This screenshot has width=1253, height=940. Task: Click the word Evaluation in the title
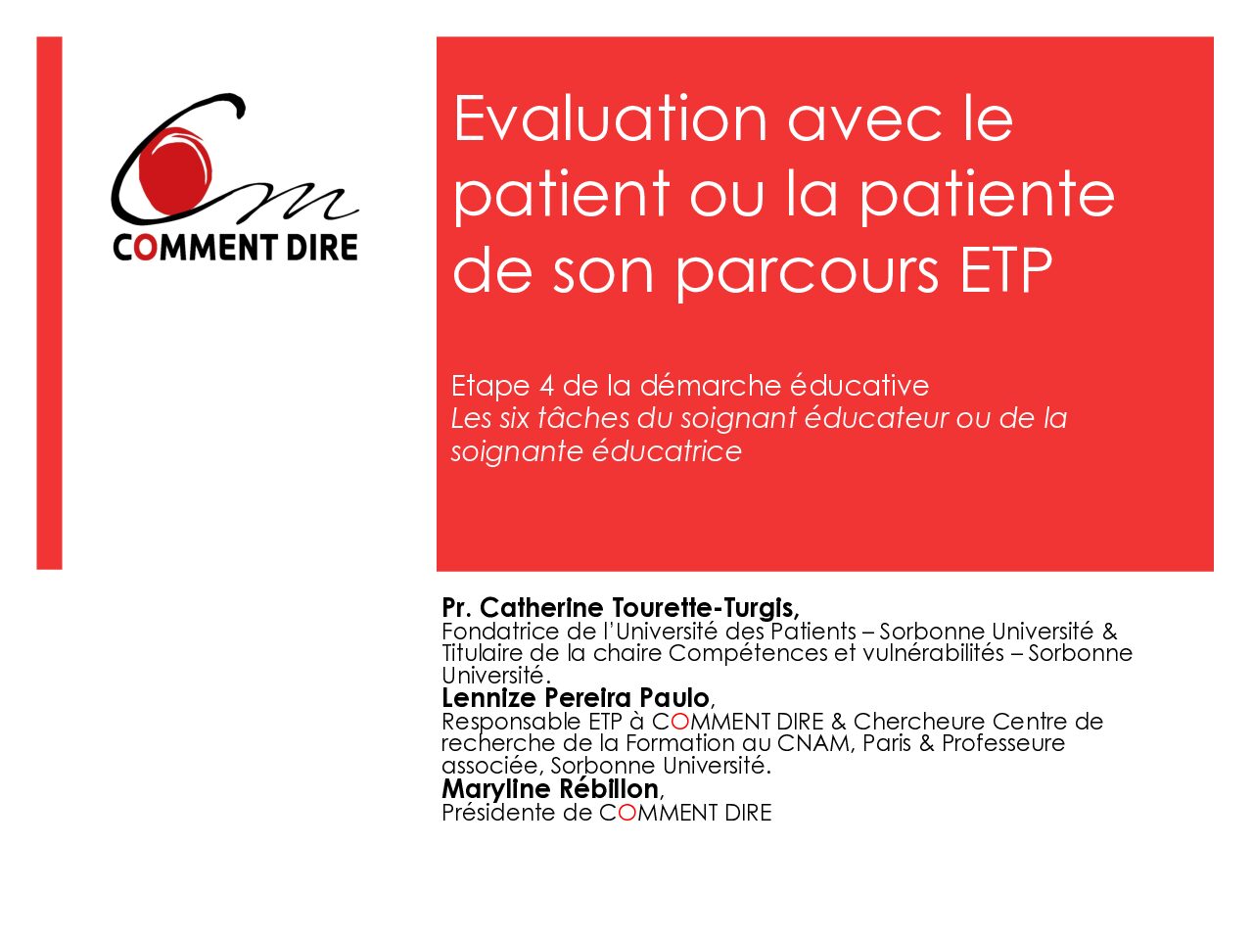[x=610, y=118]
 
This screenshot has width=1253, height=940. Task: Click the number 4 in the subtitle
[x=546, y=387]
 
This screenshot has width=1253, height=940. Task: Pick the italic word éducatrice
[x=667, y=451]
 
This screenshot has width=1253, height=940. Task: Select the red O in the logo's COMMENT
[x=143, y=249]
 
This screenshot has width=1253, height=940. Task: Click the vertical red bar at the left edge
[x=49, y=304]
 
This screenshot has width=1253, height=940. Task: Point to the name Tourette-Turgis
[x=705, y=608]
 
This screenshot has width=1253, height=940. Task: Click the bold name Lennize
[x=489, y=698]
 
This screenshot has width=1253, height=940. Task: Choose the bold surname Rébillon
[x=609, y=789]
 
